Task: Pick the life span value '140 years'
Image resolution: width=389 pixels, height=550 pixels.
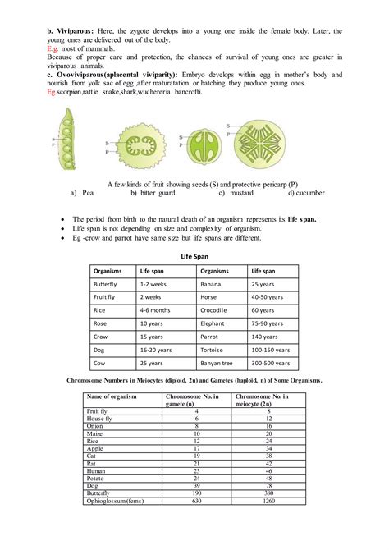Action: (264, 337)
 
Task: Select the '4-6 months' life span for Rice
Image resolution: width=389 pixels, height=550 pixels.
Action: (156, 309)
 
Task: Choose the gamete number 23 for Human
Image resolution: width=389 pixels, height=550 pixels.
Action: (197, 471)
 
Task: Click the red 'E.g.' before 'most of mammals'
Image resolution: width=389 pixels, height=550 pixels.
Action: (53, 48)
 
